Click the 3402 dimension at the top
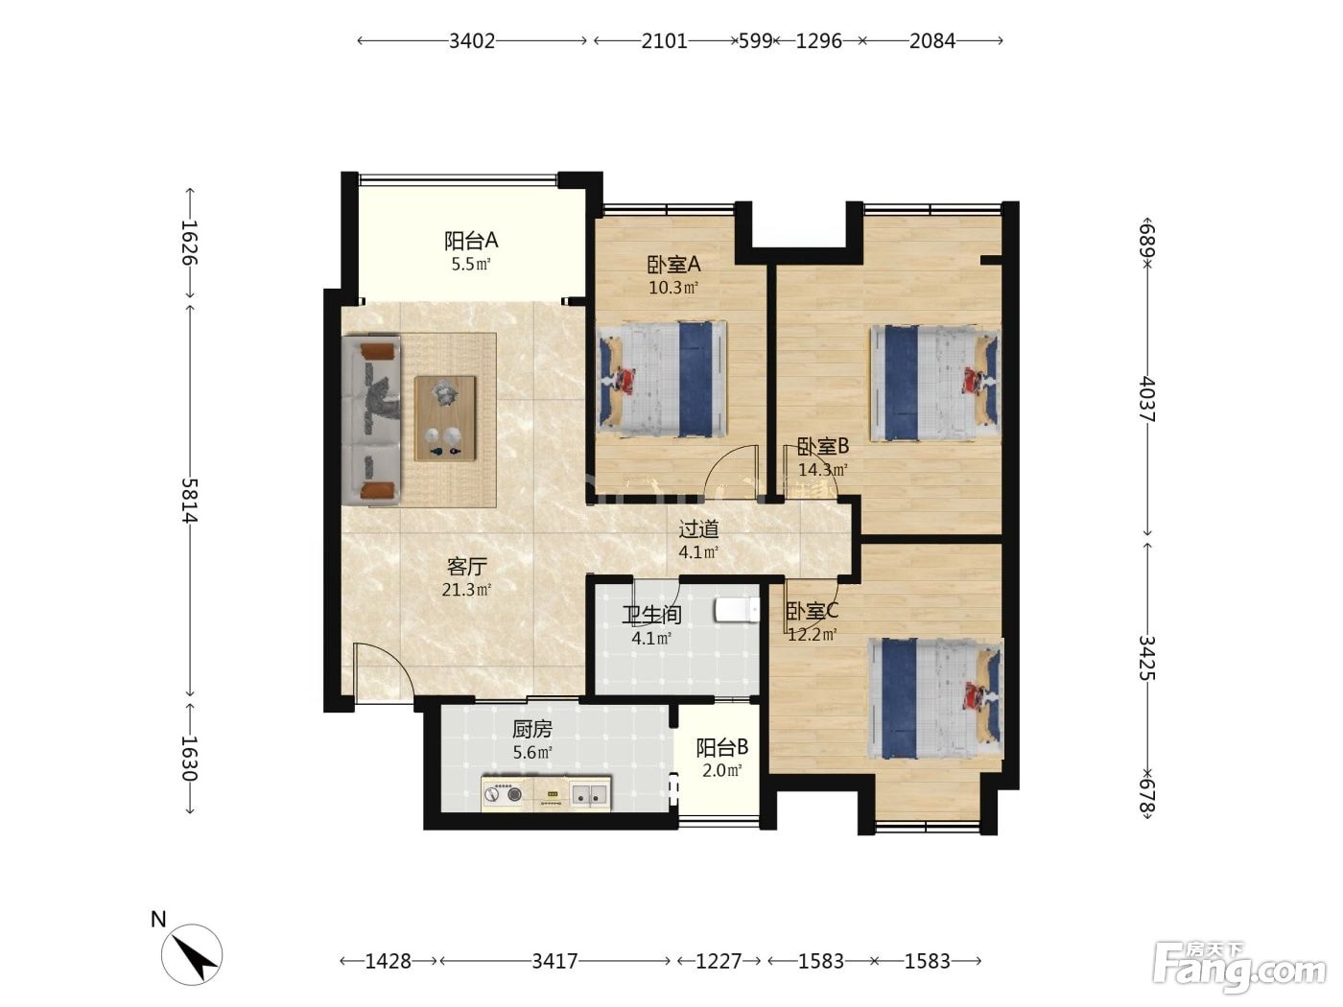point(472,41)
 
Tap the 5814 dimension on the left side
point(190,500)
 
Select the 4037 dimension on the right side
point(1147,399)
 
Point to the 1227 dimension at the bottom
point(719,962)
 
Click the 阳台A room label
point(471,241)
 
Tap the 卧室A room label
point(673,264)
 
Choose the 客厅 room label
point(467,567)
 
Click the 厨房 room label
point(532,729)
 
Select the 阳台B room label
point(722,747)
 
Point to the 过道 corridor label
point(698,528)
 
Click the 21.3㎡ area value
point(467,590)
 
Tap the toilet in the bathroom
point(738,610)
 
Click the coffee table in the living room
point(445,418)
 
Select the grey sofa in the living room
point(371,419)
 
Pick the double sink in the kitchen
point(589,794)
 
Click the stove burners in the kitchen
point(503,794)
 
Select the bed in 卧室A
point(661,379)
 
